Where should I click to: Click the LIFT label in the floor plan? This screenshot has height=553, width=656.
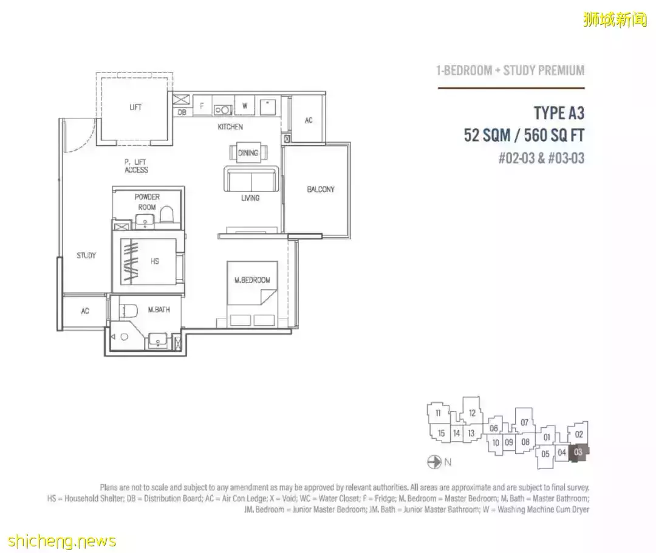(135, 107)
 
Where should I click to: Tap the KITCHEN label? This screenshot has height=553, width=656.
(230, 127)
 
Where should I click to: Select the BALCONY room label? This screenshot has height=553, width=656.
(321, 189)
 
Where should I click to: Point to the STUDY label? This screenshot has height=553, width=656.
(86, 255)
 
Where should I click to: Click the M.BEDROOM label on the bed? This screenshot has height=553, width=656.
(252, 280)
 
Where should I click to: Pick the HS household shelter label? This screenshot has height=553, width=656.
(155, 261)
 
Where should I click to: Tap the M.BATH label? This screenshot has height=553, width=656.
(159, 310)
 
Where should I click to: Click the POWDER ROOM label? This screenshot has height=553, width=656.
(147, 202)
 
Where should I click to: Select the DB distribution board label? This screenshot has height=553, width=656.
(182, 112)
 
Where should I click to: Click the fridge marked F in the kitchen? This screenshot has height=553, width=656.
(202, 106)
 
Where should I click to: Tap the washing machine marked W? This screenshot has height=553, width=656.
(245, 105)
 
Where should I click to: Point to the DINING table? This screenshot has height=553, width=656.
(248, 153)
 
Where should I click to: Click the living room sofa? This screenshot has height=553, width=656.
(251, 179)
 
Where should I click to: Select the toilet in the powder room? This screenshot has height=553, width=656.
(167, 214)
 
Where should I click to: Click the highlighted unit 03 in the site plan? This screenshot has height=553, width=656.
(579, 453)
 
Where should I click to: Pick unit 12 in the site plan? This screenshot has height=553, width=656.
(473, 413)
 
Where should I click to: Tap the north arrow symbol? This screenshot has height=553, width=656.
(434, 462)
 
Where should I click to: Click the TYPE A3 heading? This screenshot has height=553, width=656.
(559, 113)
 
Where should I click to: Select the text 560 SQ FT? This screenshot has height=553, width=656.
(555, 136)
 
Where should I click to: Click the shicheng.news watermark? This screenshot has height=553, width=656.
(61, 541)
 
